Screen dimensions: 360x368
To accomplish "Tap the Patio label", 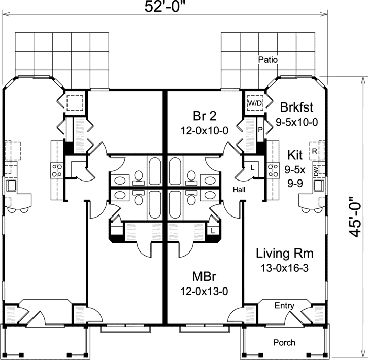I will [267, 59].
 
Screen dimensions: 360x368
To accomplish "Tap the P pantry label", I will [260, 129].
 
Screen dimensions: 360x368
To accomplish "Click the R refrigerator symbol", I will [314, 151].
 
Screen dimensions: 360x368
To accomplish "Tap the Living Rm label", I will [284, 253].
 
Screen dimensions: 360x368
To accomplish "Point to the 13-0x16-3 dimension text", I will [284, 269].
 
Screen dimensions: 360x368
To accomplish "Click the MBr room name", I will [205, 277].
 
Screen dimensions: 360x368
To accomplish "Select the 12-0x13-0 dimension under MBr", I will [205, 292].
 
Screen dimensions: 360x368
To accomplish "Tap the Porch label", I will [284, 343].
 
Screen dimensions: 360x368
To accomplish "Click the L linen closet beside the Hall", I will [252, 166].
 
